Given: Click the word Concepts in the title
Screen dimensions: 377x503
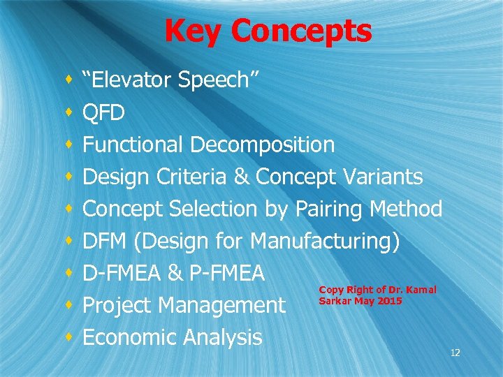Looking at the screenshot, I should [301, 31].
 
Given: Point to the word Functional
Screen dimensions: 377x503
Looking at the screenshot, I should [133, 145].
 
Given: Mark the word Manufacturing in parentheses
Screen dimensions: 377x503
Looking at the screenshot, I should [323, 241].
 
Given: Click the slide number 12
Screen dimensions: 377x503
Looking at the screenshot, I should [455, 353].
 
